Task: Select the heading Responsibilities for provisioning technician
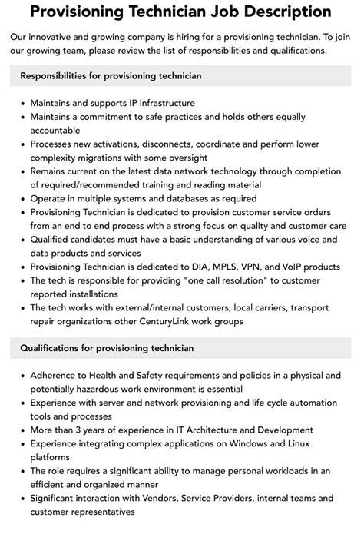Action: [111, 75]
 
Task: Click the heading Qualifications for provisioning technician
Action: [107, 348]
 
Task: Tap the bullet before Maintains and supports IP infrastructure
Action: [20, 103]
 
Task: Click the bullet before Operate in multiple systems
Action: [20, 198]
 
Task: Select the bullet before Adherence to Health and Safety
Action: [20, 376]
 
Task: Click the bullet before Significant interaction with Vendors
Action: [20, 498]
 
